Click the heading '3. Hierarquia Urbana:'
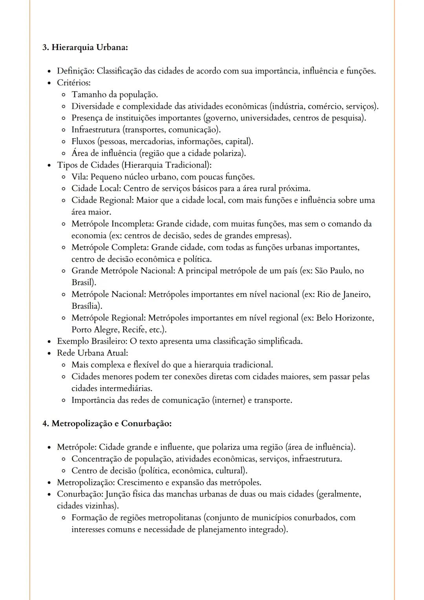pos(85,48)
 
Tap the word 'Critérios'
pos(73,83)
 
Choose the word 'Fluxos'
pos(83,141)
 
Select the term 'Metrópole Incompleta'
pos(113,224)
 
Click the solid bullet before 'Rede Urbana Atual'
pos(49,353)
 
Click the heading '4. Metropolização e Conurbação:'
pos(107,424)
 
